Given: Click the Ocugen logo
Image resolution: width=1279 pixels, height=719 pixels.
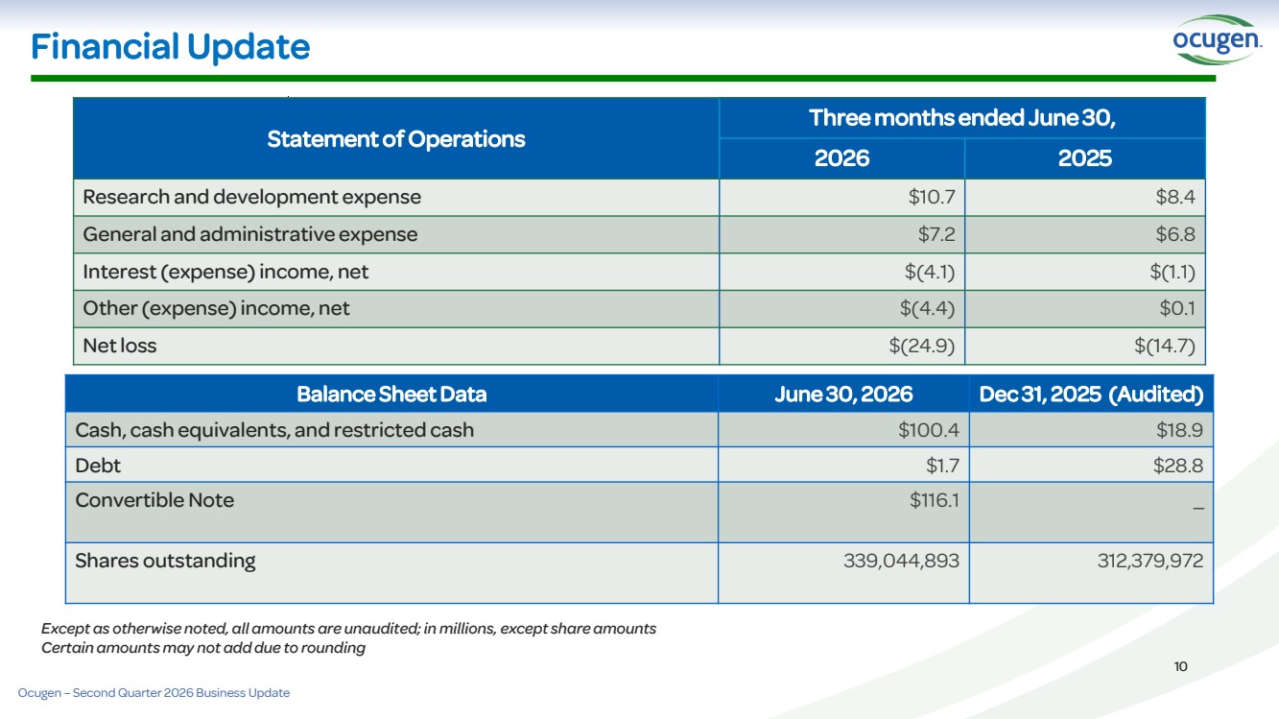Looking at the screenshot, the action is click(x=1217, y=40).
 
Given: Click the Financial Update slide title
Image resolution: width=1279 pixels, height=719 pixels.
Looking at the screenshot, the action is click(x=170, y=47).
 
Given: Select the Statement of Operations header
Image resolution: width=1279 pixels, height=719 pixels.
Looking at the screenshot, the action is click(x=395, y=139).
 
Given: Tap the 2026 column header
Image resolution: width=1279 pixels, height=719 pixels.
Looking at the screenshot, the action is click(x=841, y=158).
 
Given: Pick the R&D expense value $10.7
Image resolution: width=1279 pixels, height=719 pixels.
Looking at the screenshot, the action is click(x=932, y=197).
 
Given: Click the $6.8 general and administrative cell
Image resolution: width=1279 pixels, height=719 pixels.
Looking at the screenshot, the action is click(x=1175, y=234).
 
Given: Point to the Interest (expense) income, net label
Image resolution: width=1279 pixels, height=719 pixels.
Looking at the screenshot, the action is click(x=225, y=272).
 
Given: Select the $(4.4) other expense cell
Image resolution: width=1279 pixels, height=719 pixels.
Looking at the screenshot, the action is click(x=927, y=308).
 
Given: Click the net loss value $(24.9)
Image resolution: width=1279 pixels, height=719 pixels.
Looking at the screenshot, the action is click(x=921, y=346).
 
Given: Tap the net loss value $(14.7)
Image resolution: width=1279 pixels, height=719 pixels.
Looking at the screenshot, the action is click(x=1164, y=346).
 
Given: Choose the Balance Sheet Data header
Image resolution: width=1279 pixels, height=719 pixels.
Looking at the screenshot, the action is click(x=391, y=394).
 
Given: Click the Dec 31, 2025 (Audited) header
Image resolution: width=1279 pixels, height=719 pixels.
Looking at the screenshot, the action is click(x=1091, y=394).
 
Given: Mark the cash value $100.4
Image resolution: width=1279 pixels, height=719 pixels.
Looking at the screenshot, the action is click(x=929, y=430).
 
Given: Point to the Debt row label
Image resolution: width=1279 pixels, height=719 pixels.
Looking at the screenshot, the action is click(x=98, y=466).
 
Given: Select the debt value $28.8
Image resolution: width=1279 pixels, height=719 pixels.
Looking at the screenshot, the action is click(x=1178, y=466).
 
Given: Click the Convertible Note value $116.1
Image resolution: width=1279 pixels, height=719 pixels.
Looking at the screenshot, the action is click(x=935, y=500).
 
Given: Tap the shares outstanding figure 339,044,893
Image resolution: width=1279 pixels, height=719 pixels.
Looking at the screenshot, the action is click(x=901, y=561).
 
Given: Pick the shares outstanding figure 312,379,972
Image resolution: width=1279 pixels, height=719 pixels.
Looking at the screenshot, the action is click(x=1150, y=561).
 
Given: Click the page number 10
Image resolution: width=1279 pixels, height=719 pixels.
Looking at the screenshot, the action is click(x=1181, y=666).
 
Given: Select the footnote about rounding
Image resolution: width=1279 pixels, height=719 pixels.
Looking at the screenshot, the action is click(x=203, y=648).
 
